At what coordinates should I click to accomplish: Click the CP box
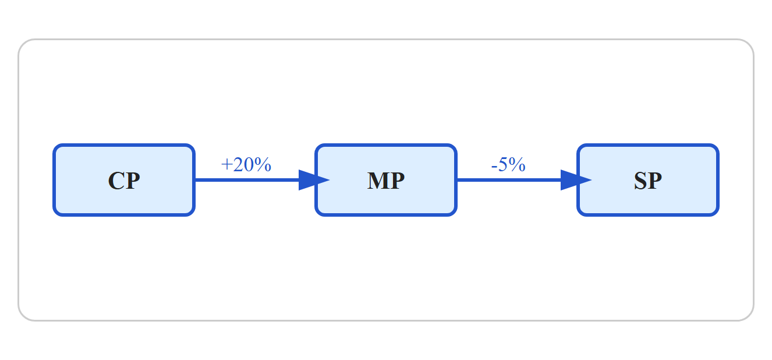tap(124, 180)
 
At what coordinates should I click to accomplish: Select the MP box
tap(386, 180)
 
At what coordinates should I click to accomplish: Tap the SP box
tap(648, 180)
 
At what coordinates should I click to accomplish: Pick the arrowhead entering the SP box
tap(575, 180)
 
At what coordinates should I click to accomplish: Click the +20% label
tap(246, 164)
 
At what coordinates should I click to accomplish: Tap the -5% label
tap(508, 164)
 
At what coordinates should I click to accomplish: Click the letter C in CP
tap(116, 181)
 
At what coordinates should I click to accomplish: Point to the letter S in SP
tap(640, 181)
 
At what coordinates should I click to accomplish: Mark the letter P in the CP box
tap(133, 181)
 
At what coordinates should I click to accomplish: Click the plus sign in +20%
tap(226, 165)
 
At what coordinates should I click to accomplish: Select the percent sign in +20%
tap(263, 164)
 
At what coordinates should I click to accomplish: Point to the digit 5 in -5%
tap(503, 164)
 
